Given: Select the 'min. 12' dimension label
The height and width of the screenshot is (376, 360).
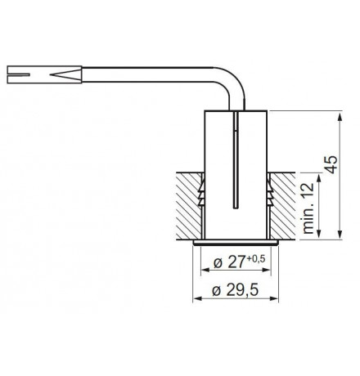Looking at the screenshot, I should [x=308, y=208].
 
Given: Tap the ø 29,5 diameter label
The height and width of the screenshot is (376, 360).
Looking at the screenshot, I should [x=236, y=289].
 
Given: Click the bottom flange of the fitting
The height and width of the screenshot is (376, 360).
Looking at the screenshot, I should [x=234, y=244].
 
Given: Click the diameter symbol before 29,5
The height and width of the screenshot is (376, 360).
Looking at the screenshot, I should [x=214, y=290].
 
